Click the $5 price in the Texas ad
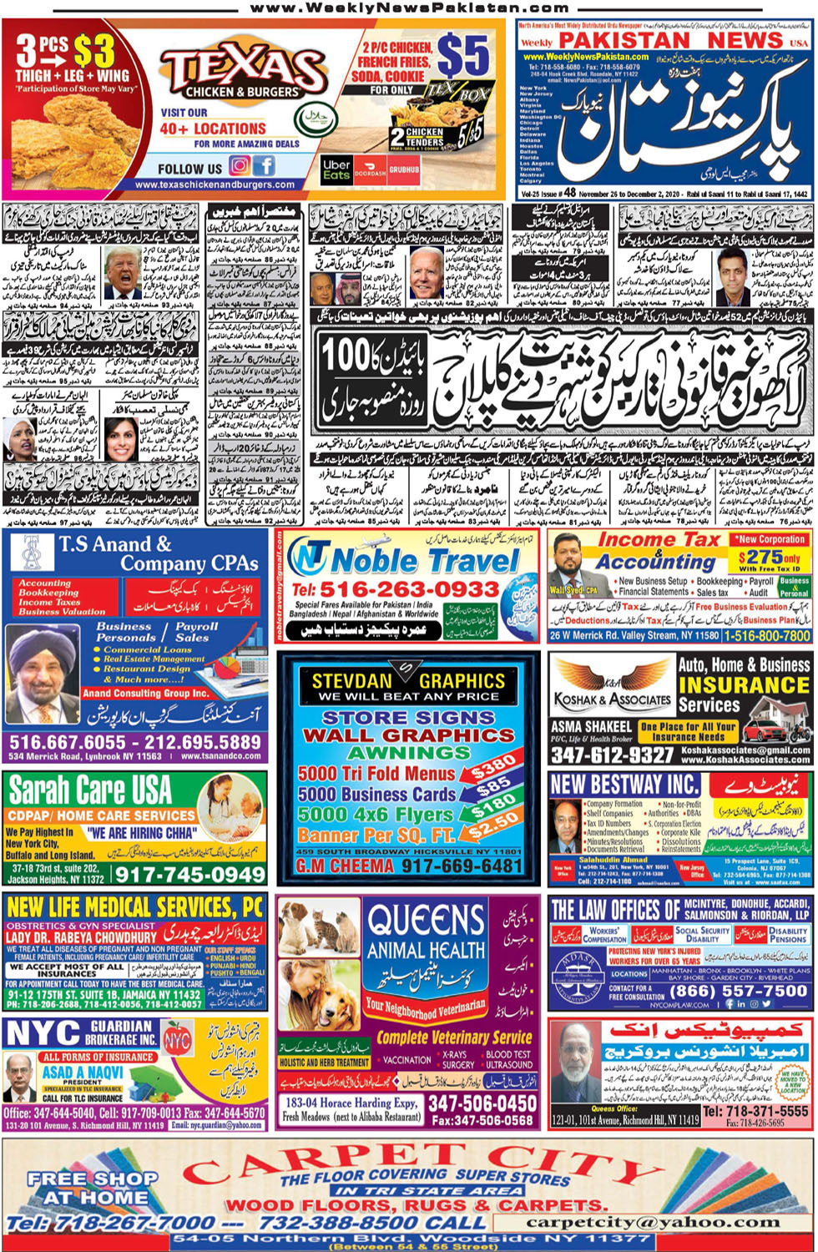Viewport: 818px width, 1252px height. (462, 56)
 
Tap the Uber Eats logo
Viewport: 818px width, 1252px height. (336, 170)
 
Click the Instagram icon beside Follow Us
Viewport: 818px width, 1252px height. (240, 166)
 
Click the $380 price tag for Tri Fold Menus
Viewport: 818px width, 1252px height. (493, 764)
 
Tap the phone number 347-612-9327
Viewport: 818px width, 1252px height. (612, 755)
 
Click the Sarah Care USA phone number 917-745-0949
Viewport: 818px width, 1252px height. (189, 875)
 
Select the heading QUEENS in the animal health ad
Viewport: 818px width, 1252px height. (427, 921)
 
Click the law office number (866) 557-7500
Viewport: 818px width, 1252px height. (739, 991)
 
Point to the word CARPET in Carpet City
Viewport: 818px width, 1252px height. (326, 1162)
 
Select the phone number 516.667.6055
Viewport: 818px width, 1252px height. (68, 742)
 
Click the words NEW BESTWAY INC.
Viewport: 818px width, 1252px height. (624, 785)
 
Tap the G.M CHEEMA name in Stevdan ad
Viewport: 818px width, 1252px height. (345, 866)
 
